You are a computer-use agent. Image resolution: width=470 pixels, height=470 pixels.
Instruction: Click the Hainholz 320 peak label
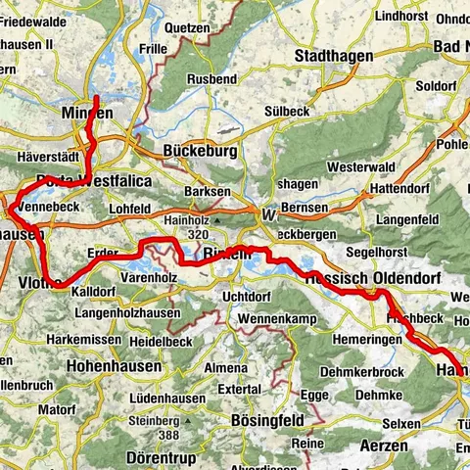click(x=182, y=228)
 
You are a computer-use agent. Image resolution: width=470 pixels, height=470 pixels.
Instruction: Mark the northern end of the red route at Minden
click(x=97, y=98)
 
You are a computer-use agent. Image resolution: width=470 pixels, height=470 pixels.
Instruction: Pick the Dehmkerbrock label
click(x=364, y=372)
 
